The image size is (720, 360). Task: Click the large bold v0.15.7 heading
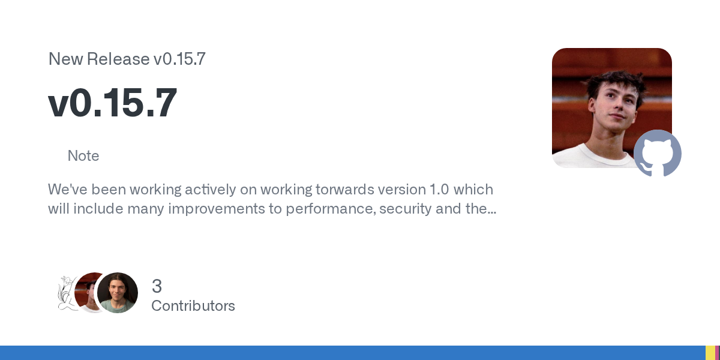tap(113, 103)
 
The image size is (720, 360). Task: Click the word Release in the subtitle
tap(118, 59)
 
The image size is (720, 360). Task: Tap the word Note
tap(83, 156)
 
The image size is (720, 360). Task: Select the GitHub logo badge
tap(658, 153)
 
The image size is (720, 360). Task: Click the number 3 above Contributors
tap(157, 286)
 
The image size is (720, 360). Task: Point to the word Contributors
tap(193, 305)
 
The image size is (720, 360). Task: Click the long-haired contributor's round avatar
tap(118, 293)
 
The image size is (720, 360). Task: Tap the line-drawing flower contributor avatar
tap(67, 293)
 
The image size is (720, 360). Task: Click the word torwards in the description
tap(344, 190)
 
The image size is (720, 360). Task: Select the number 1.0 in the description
tap(439, 190)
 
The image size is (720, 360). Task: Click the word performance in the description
tap(331, 209)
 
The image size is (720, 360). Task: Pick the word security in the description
tap(406, 209)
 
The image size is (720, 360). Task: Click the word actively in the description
tap(210, 190)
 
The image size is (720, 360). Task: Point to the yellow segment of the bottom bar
tap(710, 353)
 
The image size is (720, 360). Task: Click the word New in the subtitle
tap(65, 59)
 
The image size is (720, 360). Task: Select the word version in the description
tap(402, 190)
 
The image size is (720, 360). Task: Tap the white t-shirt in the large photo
tap(595, 157)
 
